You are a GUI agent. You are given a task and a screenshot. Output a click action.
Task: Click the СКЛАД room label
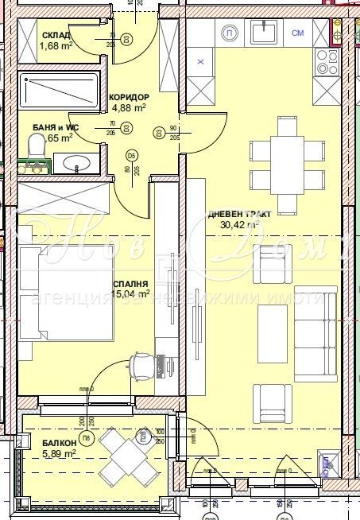click(x=56, y=35)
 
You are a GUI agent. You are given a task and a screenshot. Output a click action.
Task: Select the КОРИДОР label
click(x=130, y=96)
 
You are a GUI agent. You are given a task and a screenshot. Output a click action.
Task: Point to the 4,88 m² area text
click(x=129, y=107)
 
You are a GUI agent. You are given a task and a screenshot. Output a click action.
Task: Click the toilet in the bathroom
click(x=36, y=146)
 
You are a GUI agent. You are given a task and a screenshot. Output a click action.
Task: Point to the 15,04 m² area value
click(x=132, y=293)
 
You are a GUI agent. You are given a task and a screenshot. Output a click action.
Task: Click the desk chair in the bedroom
click(x=141, y=366)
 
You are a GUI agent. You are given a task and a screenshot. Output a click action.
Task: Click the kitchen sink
click(x=264, y=31)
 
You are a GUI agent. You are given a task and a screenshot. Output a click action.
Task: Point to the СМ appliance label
click(x=298, y=33)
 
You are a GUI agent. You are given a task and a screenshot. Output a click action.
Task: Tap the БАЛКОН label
click(x=37, y=443)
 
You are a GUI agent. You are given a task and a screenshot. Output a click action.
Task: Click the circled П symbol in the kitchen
click(x=230, y=33)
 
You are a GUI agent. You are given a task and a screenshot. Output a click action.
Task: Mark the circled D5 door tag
click(x=132, y=153)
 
